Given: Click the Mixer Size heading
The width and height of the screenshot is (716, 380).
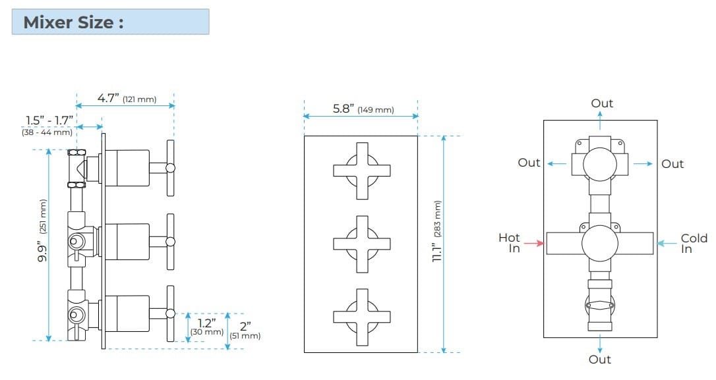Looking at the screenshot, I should [74, 22].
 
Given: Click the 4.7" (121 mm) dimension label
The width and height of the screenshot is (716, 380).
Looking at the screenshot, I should [127, 99].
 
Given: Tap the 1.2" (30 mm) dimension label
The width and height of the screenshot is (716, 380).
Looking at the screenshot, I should [207, 327].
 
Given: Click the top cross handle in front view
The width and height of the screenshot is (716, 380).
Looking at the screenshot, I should [361, 171].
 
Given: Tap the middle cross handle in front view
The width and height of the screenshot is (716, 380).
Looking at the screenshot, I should [361, 244].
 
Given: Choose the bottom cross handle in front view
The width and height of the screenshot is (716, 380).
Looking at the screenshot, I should [361, 316].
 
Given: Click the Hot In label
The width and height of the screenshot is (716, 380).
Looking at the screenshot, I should [509, 243].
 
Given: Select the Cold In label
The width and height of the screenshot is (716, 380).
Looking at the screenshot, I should [694, 243].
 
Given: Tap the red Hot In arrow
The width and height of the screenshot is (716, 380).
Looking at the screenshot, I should [534, 244].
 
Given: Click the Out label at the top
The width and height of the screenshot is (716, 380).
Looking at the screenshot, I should [601, 103].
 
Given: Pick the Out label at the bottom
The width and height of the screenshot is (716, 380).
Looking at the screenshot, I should [600, 360].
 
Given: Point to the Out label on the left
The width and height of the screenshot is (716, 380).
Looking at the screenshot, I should [529, 163].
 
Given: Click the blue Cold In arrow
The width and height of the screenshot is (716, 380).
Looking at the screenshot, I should [667, 244].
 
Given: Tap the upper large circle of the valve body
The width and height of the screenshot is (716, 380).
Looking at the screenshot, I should [600, 162].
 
